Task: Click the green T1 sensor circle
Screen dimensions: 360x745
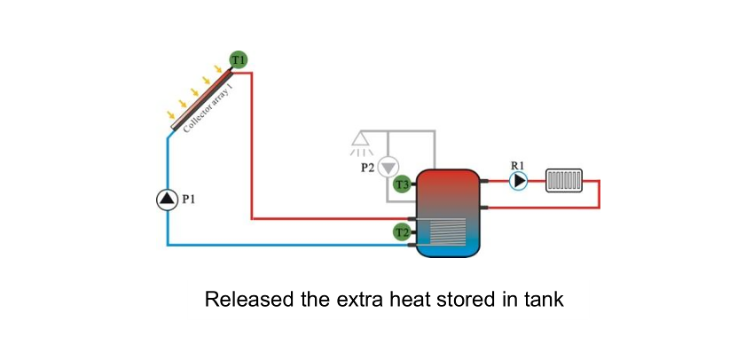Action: pos(238,60)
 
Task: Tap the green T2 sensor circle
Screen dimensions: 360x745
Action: pos(402,232)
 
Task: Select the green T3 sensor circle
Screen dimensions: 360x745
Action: pos(402,185)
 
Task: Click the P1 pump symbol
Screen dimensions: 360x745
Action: pos(167,200)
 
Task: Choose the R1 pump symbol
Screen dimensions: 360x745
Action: pos(519,181)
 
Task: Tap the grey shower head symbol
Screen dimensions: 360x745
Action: pos(361,140)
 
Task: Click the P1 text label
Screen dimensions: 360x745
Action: pos(188,200)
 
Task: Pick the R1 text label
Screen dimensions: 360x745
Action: pos(518,164)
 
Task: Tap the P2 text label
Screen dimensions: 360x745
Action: pos(367,166)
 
